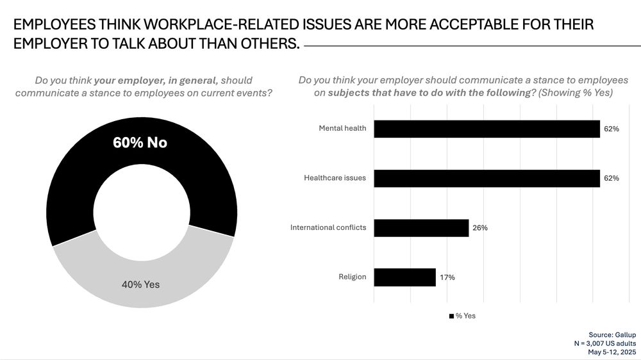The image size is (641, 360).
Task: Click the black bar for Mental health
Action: click(x=487, y=129)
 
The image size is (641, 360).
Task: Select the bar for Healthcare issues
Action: click(x=487, y=178)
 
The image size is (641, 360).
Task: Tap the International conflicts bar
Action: click(x=421, y=228)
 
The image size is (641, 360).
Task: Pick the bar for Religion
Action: click(x=404, y=277)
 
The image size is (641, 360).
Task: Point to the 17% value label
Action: click(x=447, y=277)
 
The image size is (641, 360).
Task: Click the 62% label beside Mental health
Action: click(x=611, y=129)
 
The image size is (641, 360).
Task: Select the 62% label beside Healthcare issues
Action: click(x=611, y=178)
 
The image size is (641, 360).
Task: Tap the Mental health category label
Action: click(x=342, y=128)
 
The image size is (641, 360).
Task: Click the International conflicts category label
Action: click(x=328, y=227)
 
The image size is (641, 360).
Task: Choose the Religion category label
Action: click(x=352, y=277)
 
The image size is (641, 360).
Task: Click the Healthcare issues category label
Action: click(x=335, y=177)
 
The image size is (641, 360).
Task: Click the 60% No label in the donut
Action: click(x=140, y=142)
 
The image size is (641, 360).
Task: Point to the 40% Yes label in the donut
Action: click(x=140, y=284)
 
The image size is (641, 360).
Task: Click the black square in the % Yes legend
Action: click(x=451, y=316)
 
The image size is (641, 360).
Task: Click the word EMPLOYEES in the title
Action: click(x=51, y=25)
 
